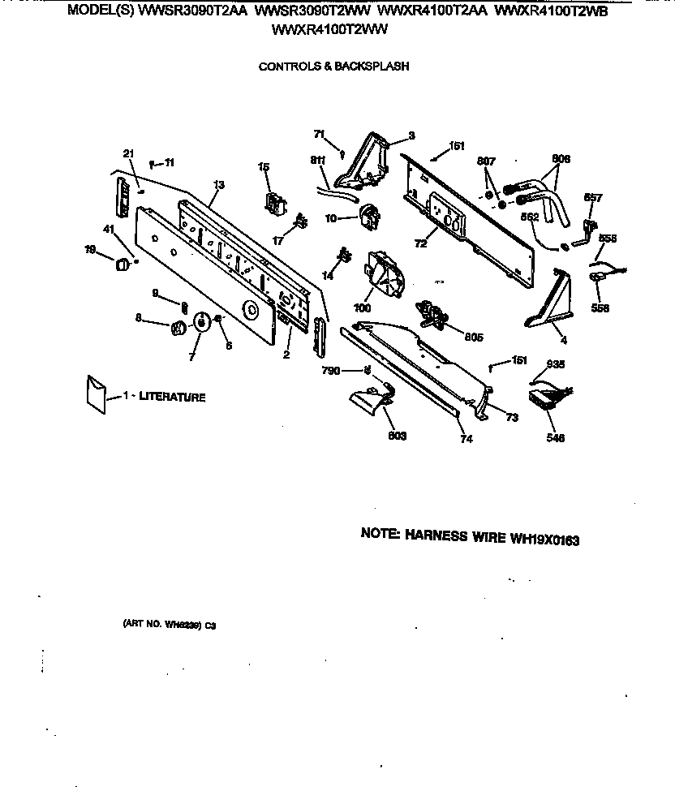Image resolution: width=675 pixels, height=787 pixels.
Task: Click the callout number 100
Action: (x=362, y=308)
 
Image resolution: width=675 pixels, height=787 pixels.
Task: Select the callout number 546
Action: (x=556, y=438)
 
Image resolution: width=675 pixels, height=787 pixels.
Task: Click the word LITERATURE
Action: (x=172, y=397)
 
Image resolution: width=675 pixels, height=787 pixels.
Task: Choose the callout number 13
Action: (x=218, y=186)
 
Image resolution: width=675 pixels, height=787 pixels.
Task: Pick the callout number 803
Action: (x=398, y=436)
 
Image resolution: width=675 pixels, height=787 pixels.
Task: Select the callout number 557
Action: (x=593, y=198)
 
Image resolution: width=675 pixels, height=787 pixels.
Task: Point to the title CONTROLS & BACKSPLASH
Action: (x=333, y=67)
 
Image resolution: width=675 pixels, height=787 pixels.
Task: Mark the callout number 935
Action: (x=555, y=364)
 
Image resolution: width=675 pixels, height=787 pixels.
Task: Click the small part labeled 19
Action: (x=122, y=263)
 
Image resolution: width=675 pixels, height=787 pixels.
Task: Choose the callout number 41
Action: (x=109, y=230)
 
